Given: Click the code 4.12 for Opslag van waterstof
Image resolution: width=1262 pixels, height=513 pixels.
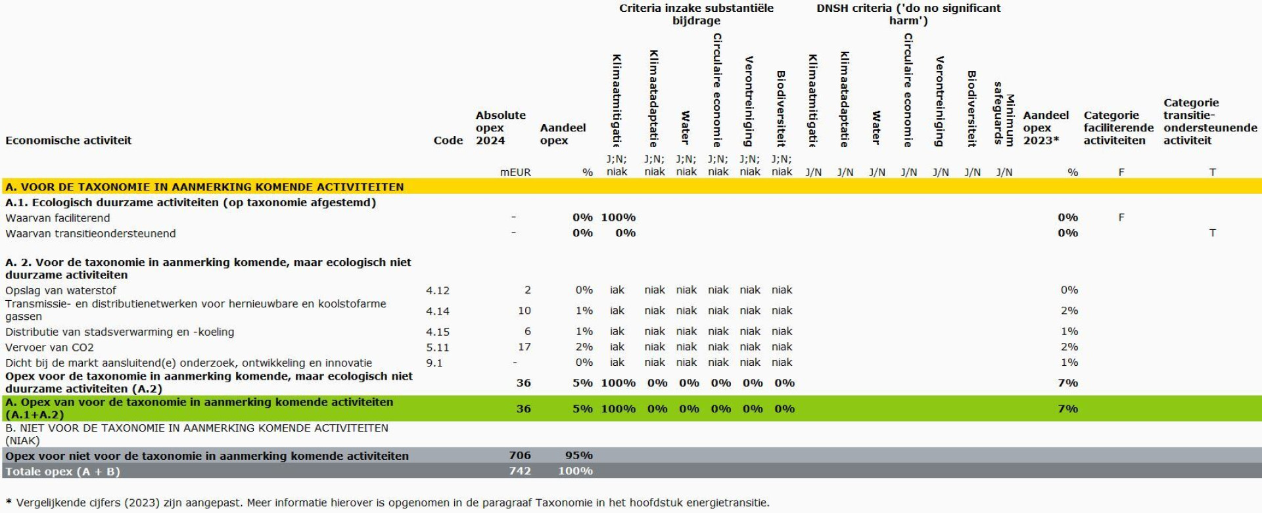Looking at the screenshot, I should [437, 290].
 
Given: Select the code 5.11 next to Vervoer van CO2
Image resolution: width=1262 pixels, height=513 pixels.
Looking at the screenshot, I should [437, 347].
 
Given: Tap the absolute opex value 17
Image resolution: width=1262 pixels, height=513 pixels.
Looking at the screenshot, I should [524, 347].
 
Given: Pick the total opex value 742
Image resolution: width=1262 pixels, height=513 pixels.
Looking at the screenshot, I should [519, 471].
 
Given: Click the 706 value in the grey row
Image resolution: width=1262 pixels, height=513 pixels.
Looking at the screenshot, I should [519, 455].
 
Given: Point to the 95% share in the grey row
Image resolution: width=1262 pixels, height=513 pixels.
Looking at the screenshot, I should [578, 455].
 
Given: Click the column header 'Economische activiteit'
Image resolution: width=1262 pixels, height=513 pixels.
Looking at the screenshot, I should [68, 141].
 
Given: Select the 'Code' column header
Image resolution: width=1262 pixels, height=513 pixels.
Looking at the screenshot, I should [448, 141].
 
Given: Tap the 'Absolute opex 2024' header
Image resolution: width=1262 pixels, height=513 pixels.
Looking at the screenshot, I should [500, 128].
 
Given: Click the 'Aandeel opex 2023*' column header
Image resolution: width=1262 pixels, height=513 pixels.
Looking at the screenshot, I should [1045, 128].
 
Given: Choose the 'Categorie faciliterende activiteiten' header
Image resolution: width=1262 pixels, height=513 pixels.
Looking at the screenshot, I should [1118, 128].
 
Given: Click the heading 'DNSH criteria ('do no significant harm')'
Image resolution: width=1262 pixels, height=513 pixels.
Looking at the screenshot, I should [908, 14].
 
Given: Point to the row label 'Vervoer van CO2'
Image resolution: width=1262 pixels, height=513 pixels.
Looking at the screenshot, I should [49, 347].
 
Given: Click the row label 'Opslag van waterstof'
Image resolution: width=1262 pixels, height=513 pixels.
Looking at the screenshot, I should [60, 290].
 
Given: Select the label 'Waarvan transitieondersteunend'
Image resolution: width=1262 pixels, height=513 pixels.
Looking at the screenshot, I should [90, 234].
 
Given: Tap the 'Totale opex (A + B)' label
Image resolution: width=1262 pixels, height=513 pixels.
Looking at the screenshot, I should [62, 472].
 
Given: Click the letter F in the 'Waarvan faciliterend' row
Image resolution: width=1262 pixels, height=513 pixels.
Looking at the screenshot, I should [1121, 217].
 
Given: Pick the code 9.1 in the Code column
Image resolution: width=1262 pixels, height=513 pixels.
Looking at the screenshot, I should [434, 363].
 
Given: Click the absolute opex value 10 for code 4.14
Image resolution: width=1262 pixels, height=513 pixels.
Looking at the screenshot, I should [524, 311].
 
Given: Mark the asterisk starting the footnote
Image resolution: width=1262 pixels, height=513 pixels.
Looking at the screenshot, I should [9, 502].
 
